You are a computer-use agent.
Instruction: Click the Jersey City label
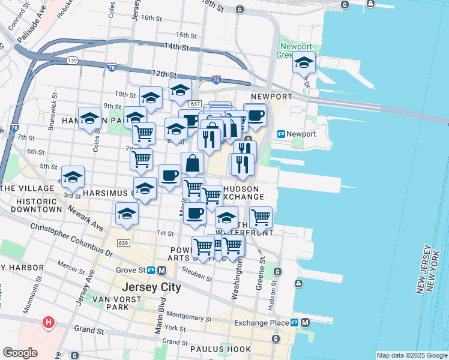pyautogui.click(x=151, y=287)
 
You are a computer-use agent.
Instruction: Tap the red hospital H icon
pyautogui.click(x=49, y=323)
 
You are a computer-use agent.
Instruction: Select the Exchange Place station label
pyautogui.click(x=262, y=322)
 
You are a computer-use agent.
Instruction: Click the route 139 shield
pyautogui.click(x=73, y=61)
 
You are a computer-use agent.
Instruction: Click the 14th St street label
pyautogui.click(x=176, y=47)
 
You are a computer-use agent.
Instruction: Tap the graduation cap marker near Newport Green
pyautogui.click(x=304, y=62)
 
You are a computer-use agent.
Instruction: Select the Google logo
pyautogui.click(x=20, y=352)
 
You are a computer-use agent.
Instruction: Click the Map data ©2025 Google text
pyautogui.click(x=411, y=355)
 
